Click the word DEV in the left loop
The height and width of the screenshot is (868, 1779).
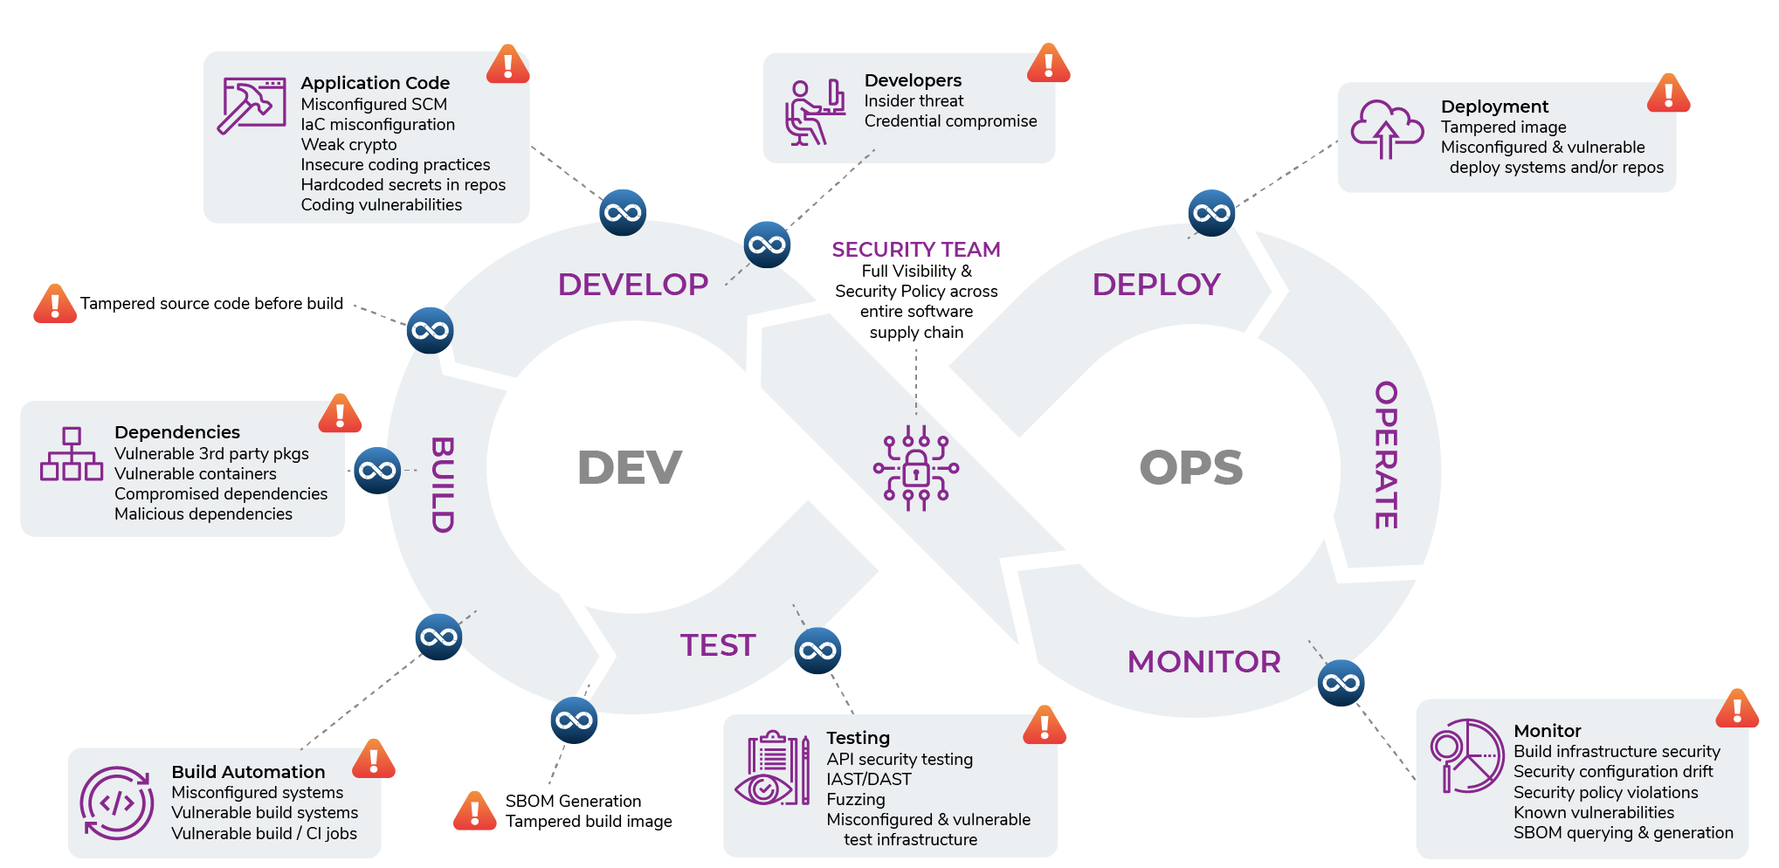point(630,467)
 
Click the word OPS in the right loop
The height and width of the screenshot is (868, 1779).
point(1191,467)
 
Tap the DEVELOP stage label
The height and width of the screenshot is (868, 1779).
point(633,285)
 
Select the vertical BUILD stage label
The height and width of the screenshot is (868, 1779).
point(442,485)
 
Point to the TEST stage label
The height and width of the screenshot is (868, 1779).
point(718,645)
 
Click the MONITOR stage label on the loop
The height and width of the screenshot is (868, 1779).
point(1203,662)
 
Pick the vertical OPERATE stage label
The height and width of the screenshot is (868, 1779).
point(1386,455)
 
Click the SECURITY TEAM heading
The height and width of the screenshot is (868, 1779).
point(915,250)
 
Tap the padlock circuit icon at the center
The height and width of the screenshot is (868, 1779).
point(916,469)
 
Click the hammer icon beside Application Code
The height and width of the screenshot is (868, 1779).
point(252,105)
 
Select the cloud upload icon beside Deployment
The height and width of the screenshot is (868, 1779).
point(1386,128)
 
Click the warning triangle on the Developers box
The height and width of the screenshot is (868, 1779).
point(1048,64)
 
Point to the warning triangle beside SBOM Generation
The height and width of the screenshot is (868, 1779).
point(475,811)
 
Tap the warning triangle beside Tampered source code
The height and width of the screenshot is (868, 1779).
point(55,304)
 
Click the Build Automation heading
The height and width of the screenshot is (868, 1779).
point(248,772)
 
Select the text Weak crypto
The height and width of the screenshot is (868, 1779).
point(348,145)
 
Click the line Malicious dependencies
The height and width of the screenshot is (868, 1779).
point(203,514)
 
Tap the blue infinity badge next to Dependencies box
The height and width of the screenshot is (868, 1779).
point(377,471)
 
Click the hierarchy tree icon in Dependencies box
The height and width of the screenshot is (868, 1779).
point(72,454)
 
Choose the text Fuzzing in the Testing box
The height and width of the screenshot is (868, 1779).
point(855,800)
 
